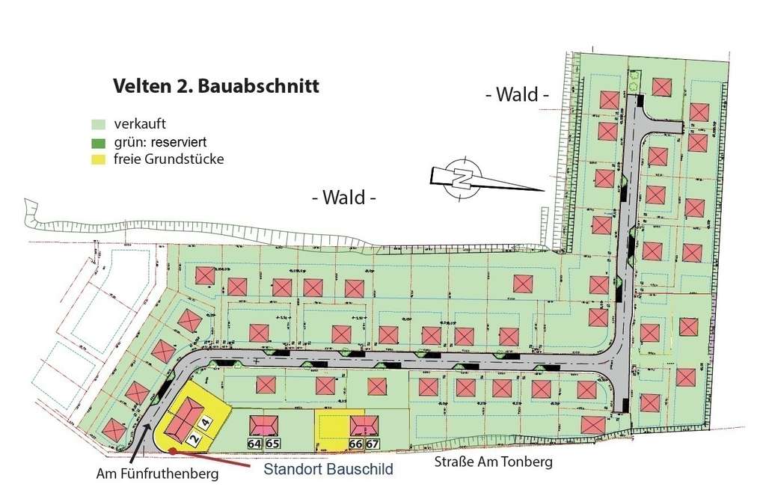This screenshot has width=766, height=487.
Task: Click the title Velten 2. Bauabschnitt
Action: (215, 86)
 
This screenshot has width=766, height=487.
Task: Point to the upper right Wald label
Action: (517, 95)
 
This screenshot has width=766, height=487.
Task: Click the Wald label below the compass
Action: (343, 198)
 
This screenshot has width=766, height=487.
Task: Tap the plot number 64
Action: (254, 444)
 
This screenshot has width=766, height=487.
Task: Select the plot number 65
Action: (272, 444)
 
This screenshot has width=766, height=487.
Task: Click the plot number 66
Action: (355, 444)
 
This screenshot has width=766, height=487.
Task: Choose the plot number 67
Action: (372, 444)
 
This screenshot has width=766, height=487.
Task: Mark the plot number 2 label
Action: (193, 439)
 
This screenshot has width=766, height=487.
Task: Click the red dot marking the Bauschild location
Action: (172, 450)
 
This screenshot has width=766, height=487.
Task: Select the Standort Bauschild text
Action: (329, 470)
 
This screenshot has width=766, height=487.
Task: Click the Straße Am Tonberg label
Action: (494, 462)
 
